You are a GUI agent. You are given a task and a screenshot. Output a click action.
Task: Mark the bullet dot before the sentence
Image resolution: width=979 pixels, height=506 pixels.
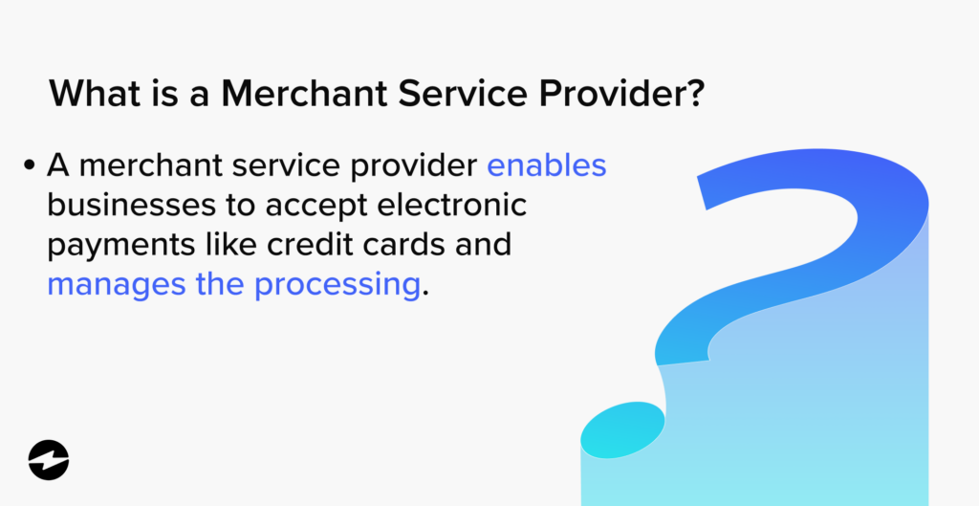coord(29,166)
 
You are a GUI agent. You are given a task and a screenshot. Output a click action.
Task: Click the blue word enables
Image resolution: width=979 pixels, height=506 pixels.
coord(547,165)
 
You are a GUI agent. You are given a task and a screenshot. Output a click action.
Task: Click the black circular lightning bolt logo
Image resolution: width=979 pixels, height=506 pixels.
coord(49,460)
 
